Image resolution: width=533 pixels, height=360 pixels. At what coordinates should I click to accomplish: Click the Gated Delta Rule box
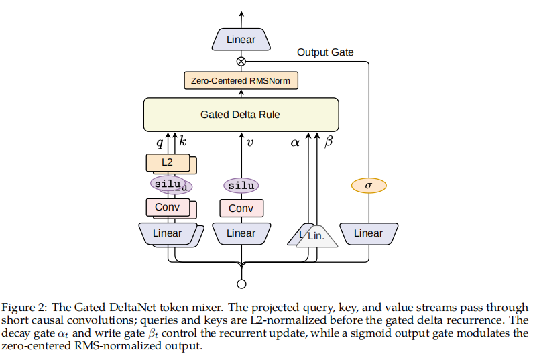pyautogui.click(x=241, y=115)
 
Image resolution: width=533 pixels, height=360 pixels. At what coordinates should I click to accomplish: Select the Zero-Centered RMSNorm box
pyautogui.click(x=241, y=80)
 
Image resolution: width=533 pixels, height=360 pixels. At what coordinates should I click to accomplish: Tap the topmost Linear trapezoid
pyautogui.click(x=241, y=40)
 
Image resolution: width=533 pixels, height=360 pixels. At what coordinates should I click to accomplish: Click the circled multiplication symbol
pyautogui.click(x=241, y=62)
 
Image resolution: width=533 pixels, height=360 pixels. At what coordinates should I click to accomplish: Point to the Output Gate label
pyautogui.click(x=325, y=52)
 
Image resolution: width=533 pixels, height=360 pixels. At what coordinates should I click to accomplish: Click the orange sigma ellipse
pyautogui.click(x=369, y=186)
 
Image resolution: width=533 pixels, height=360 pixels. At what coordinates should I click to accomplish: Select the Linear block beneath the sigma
pyautogui.click(x=369, y=233)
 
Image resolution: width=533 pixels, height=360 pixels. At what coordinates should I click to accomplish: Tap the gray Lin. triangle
pyautogui.click(x=317, y=236)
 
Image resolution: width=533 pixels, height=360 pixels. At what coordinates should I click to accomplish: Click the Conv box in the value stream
pyautogui.click(x=241, y=208)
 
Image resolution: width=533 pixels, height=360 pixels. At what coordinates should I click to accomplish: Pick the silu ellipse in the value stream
pyautogui.click(x=241, y=186)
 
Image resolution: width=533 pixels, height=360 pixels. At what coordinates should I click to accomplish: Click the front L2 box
pyautogui.click(x=168, y=162)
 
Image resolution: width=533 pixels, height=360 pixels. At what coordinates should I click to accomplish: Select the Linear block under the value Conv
pyautogui.click(x=241, y=233)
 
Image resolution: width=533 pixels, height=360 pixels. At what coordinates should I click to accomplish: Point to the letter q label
pyautogui.click(x=160, y=143)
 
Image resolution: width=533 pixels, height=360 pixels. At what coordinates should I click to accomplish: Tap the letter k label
pyautogui.click(x=183, y=141)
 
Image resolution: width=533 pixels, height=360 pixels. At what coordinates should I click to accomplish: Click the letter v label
pyautogui.click(x=250, y=143)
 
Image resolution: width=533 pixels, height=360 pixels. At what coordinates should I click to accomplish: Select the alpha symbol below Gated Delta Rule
pyautogui.click(x=295, y=143)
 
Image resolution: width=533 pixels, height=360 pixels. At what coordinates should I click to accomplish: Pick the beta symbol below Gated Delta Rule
pyautogui.click(x=329, y=141)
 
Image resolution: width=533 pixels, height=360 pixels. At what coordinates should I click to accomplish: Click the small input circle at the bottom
pyautogui.click(x=241, y=284)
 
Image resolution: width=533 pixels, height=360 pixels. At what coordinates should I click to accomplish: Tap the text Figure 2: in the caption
pyautogui.click(x=25, y=308)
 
